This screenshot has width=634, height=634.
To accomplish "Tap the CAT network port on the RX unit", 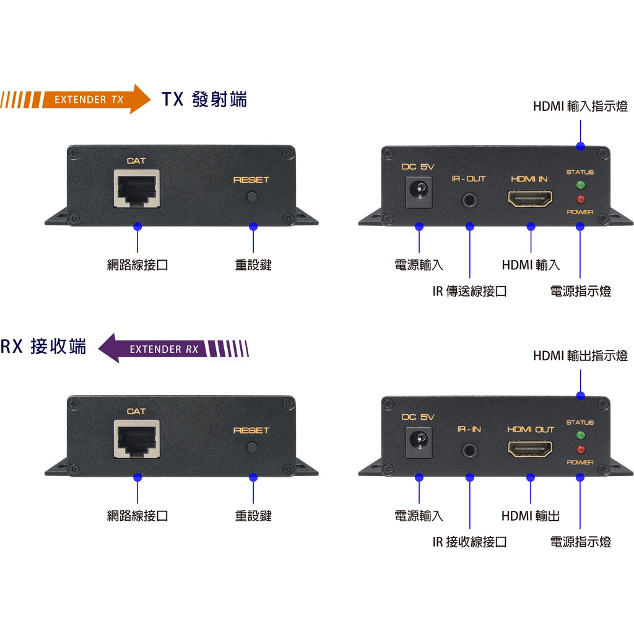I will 136,439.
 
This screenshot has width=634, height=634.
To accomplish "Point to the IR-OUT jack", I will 469,200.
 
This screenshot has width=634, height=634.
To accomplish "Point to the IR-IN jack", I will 469,450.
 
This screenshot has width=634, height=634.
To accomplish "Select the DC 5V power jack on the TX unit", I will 419,190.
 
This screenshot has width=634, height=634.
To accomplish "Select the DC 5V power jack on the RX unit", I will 419,441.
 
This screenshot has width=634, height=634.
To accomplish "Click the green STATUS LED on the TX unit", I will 580,185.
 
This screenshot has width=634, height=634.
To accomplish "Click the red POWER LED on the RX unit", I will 580,449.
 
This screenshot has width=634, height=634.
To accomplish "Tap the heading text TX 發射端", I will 204,100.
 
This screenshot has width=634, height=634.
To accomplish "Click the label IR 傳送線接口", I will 469,291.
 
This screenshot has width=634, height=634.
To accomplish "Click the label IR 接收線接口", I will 469,542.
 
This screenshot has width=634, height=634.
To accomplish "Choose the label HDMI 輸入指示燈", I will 580,106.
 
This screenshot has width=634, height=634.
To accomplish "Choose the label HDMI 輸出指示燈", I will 580,356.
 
